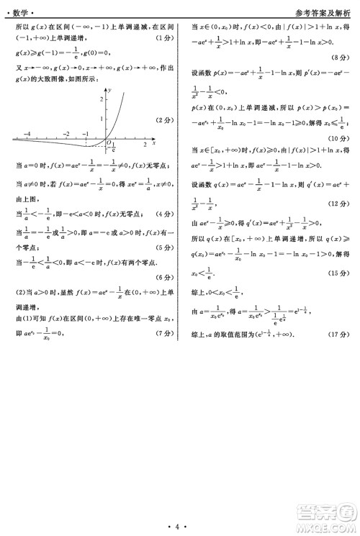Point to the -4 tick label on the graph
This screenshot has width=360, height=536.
pyautogui.click(x=27, y=134)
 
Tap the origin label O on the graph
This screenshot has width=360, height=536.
pyautogui.click(x=109, y=143)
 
